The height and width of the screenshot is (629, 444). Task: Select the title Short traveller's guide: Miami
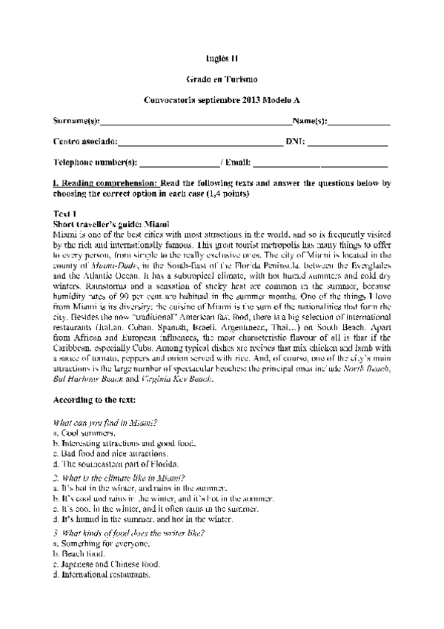(112, 223)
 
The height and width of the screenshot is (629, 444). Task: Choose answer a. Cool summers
(85, 432)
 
